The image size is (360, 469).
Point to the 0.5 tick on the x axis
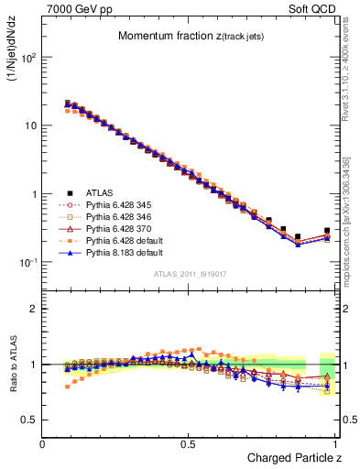pyautogui.click(x=190, y=443)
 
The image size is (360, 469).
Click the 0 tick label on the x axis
pyautogui.click(x=43, y=443)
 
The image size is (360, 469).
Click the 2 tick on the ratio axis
pyautogui.click(x=33, y=309)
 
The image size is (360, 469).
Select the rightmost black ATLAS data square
pyautogui.click(x=327, y=231)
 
